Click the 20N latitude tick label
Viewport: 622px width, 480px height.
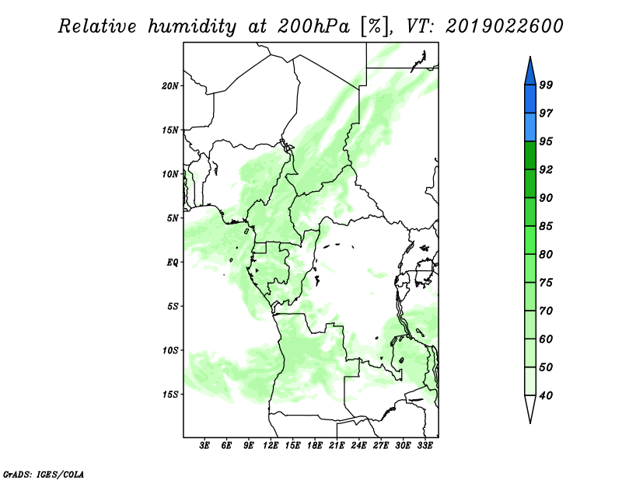tap(169, 86)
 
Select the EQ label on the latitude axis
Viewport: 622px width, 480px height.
tap(172, 263)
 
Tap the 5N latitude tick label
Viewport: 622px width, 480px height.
tap(172, 218)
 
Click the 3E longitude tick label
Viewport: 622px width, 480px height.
tap(204, 446)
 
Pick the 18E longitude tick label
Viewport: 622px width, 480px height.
tap(315, 446)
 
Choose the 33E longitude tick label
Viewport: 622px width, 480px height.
tap(425, 446)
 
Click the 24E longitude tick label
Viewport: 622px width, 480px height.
tap(358, 446)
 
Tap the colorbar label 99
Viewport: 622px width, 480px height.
tap(546, 85)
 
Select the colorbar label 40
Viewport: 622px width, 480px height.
tap(546, 395)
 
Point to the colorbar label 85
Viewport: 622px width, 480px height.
tap(546, 226)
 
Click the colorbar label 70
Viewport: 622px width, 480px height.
tap(546, 311)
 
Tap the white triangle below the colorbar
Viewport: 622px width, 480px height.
tap(530, 408)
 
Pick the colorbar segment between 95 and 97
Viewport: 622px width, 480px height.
tap(530, 127)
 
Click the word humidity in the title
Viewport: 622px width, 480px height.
tap(192, 26)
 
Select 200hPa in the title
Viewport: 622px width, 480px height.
tap(313, 26)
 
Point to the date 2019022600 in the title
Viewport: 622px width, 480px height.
tap(504, 26)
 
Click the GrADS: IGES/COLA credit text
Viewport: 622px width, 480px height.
tap(44, 475)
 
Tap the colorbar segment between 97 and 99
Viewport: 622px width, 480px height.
tap(530, 99)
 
